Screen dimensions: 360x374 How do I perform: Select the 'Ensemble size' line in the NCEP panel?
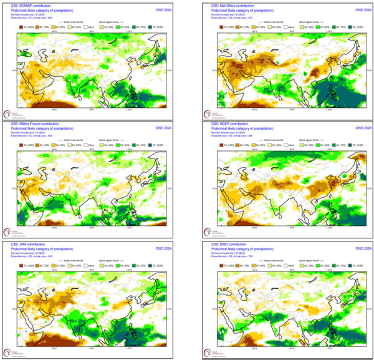[x=230, y=134]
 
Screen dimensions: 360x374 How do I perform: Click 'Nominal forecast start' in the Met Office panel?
[x=227, y=11]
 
